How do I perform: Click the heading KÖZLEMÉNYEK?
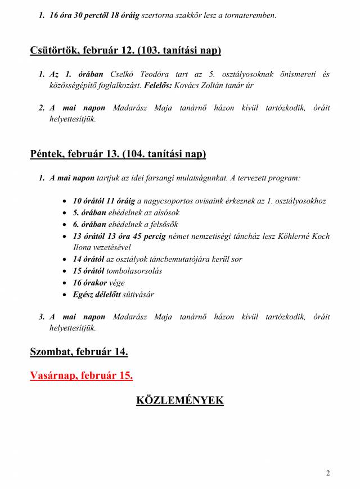[179, 400]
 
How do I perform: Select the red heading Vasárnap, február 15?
[82, 375]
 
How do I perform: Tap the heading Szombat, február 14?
[79, 352]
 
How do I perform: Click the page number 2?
[328, 473]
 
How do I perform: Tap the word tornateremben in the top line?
[250, 16]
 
